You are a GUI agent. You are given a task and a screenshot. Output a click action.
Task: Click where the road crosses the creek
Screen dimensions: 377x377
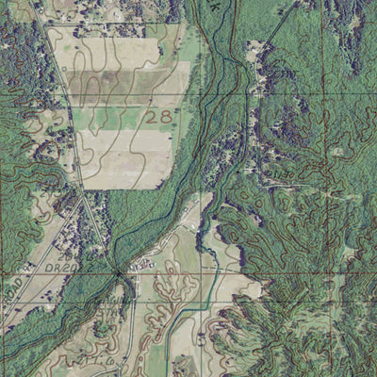pos(118,273)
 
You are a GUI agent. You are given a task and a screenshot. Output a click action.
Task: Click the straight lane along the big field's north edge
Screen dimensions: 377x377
pos(123,25)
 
